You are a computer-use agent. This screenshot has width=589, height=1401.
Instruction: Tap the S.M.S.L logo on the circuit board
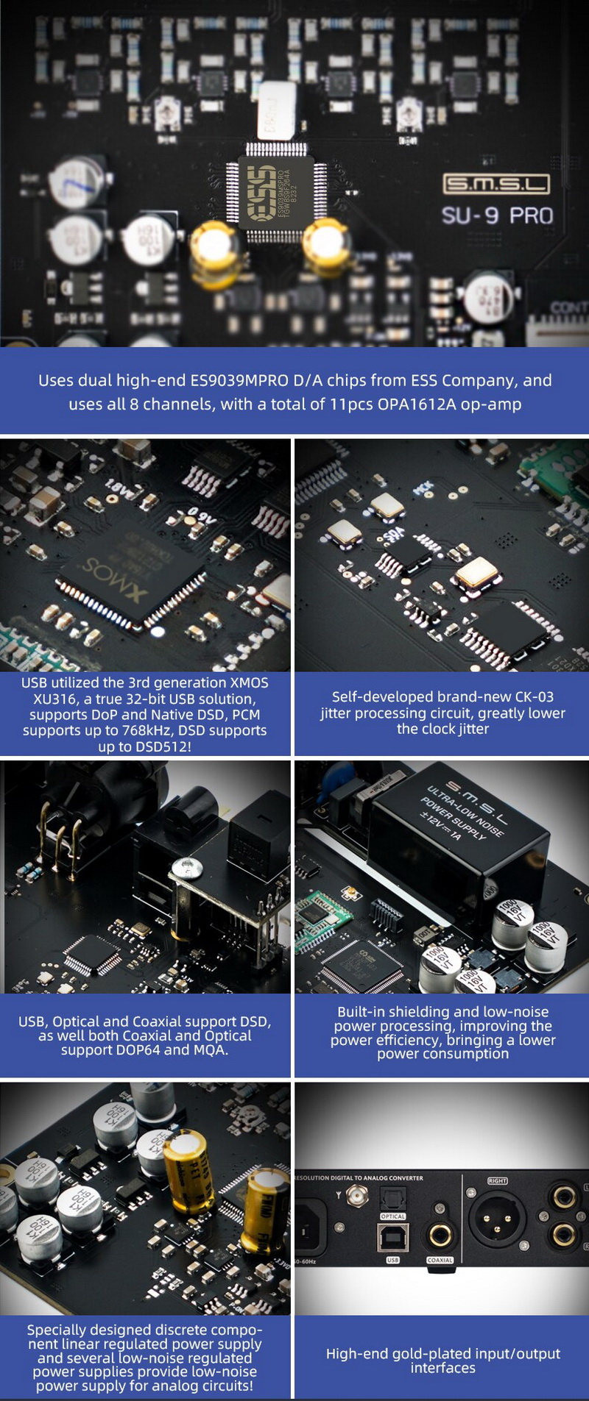click(495, 183)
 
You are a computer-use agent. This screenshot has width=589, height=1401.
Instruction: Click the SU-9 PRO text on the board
click(497, 216)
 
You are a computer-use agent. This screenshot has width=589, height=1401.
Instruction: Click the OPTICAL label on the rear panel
click(392, 1216)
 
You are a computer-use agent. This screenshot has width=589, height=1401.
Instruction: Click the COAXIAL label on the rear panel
click(440, 1260)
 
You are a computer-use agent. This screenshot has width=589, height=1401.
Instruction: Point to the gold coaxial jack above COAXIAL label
click(440, 1236)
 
